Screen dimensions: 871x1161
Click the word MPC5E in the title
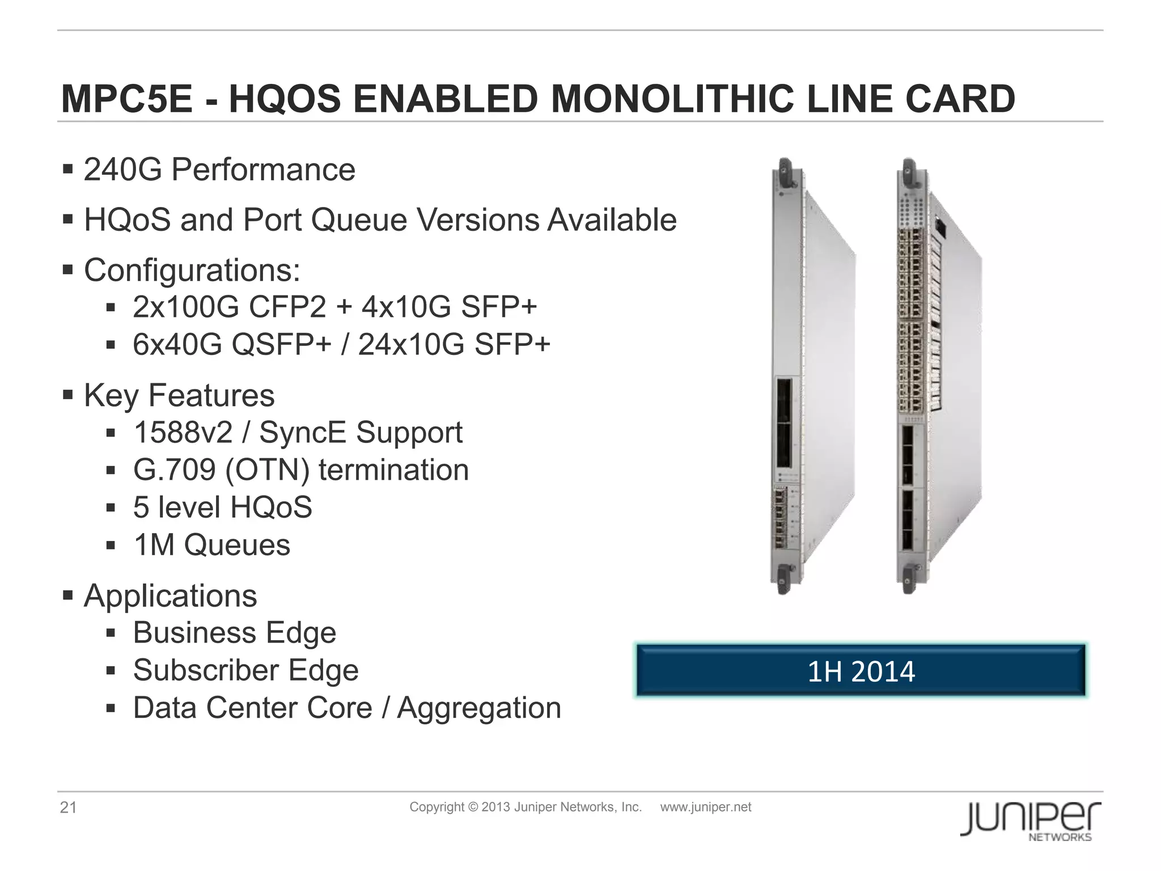(127, 99)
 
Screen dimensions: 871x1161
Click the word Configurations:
(192, 270)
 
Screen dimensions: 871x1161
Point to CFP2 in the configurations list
(287, 307)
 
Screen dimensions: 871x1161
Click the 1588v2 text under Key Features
(183, 433)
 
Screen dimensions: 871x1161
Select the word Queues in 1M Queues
(237, 545)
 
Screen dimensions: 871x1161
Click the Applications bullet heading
(170, 596)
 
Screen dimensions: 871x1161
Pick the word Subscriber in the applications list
(206, 670)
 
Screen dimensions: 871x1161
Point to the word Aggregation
(479, 708)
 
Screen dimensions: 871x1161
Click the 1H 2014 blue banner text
(861, 671)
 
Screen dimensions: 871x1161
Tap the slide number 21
(68, 807)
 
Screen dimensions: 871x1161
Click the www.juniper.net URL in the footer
(705, 807)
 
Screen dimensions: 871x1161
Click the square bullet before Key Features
(68, 395)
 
